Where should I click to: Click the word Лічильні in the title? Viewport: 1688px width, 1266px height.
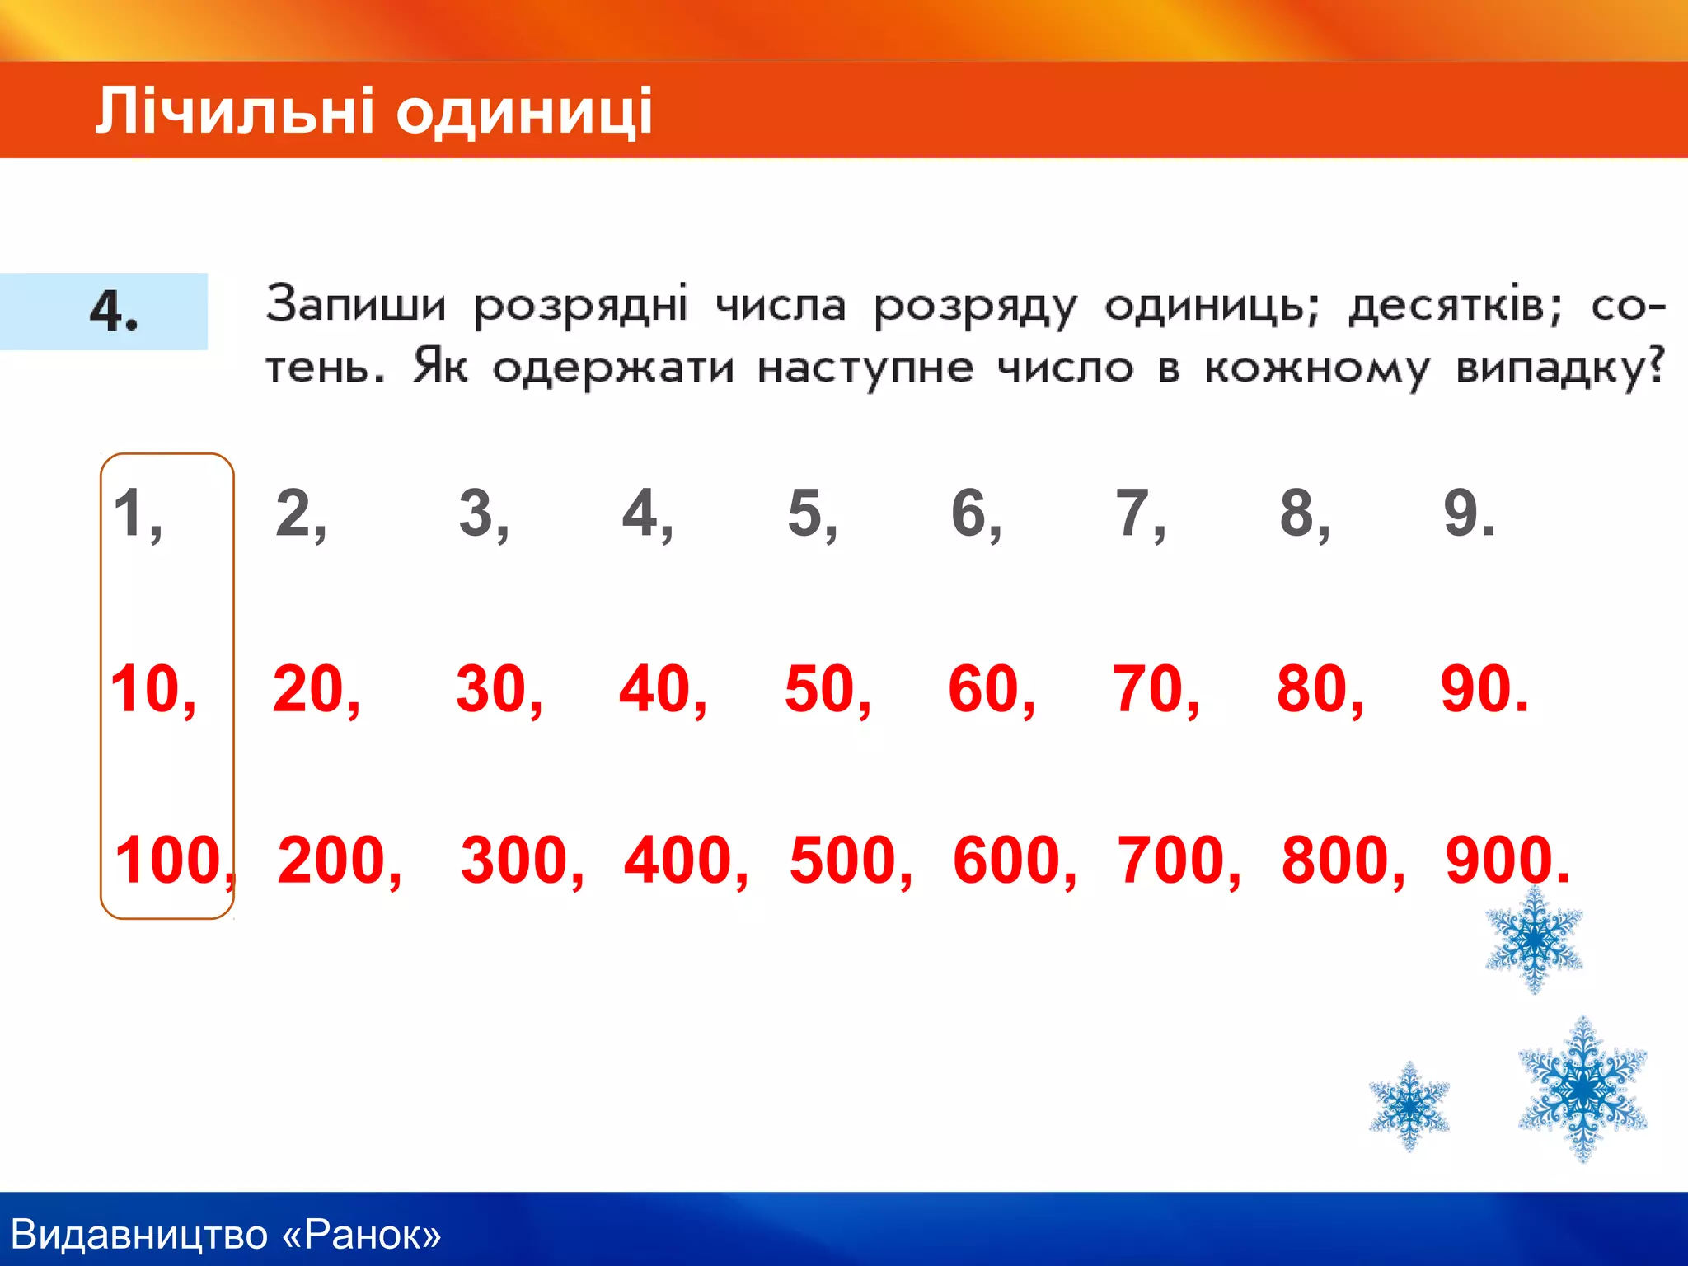tap(234, 111)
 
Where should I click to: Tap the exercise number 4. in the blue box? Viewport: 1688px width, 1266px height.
tap(114, 311)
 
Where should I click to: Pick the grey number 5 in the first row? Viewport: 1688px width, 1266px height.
tap(806, 513)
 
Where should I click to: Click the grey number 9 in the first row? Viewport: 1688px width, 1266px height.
tap(1462, 513)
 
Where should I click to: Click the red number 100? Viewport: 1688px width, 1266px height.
tap(170, 860)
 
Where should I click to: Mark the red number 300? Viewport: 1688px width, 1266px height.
tap(515, 860)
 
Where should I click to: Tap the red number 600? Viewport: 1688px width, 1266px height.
tap(1008, 860)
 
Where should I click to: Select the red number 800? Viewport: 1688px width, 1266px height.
tap(1336, 860)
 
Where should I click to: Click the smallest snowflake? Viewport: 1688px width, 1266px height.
tap(1409, 1106)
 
